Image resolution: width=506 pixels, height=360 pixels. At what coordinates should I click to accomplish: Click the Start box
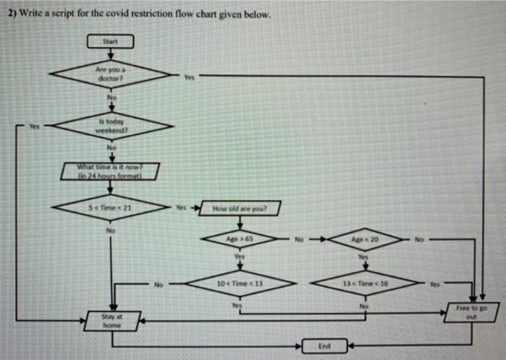(111, 42)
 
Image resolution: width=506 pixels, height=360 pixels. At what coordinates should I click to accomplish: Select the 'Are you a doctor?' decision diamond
(111, 73)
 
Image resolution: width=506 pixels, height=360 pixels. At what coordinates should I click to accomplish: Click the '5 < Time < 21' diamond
(111, 207)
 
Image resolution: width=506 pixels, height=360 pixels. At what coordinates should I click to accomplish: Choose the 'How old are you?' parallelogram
(239, 209)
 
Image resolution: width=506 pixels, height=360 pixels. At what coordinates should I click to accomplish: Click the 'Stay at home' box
(112, 320)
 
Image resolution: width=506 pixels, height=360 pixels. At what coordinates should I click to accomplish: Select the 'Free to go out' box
(472, 313)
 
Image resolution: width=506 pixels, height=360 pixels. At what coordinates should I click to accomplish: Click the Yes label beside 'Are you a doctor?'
(189, 77)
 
